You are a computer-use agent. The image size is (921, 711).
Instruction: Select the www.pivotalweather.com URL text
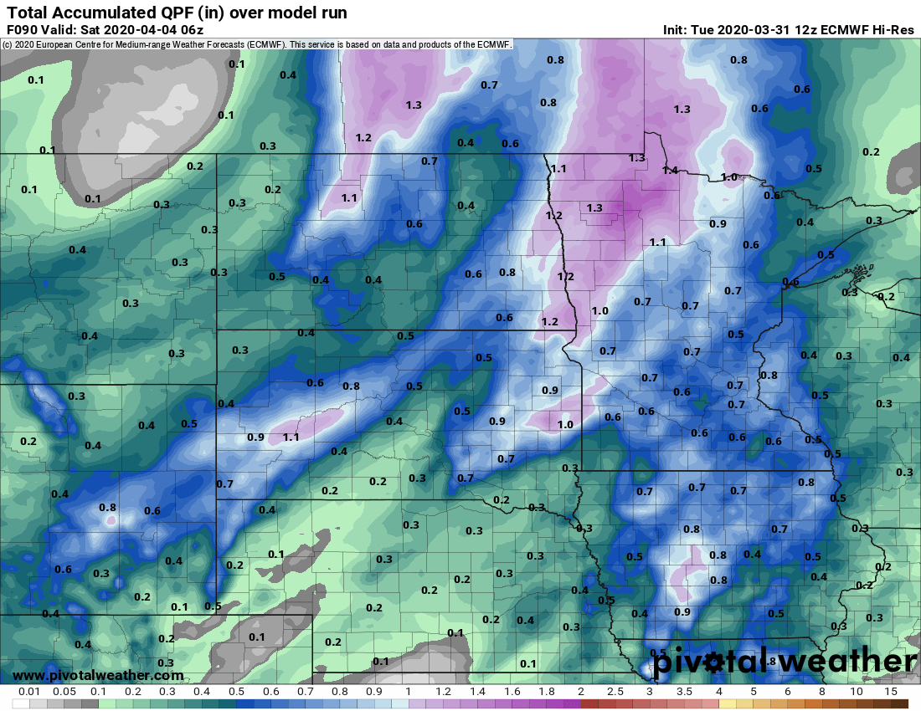coord(98,675)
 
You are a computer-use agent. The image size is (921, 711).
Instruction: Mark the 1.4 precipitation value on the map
coord(670,170)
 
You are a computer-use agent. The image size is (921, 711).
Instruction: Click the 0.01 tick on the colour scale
coord(30,692)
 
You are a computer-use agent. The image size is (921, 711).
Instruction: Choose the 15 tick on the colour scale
coord(891,692)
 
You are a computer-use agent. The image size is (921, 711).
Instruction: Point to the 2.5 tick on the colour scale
coord(615,692)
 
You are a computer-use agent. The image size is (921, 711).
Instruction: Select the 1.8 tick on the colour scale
coord(546,692)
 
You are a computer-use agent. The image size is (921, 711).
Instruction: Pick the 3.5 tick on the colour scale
coord(684,692)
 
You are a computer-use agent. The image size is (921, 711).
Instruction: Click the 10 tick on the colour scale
coord(857,692)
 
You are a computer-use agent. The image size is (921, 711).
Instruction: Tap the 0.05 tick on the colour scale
coord(64,692)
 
